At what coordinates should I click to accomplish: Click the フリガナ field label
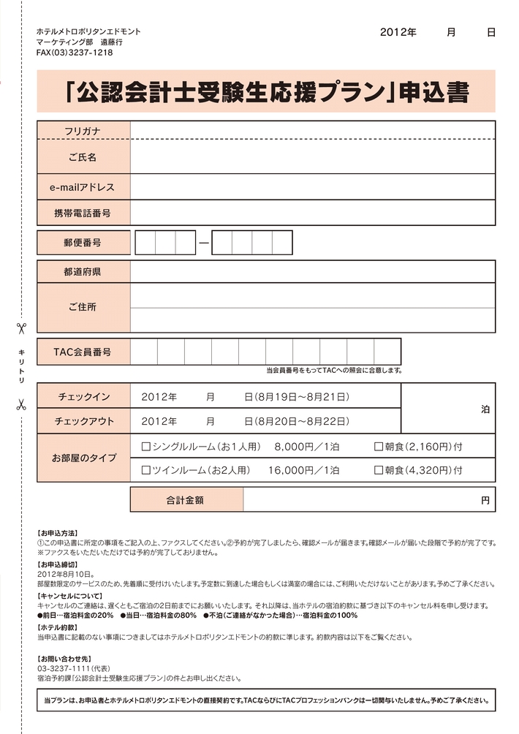pyautogui.click(x=83, y=131)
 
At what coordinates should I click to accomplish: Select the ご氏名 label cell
pyautogui.click(x=83, y=157)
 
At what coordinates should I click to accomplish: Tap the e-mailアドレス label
pyautogui.click(x=83, y=187)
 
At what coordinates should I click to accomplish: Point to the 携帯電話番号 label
pyautogui.click(x=83, y=213)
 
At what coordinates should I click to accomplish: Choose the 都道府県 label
pyautogui.click(x=83, y=272)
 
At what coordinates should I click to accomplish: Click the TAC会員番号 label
pyautogui.click(x=83, y=352)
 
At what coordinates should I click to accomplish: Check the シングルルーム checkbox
pyautogui.click(x=145, y=446)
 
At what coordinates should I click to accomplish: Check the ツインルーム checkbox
pyautogui.click(x=145, y=470)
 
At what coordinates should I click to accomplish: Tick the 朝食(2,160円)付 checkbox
pyautogui.click(x=379, y=446)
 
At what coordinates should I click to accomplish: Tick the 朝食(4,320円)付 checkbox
pyautogui.click(x=379, y=470)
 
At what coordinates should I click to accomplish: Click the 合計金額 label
pyautogui.click(x=186, y=501)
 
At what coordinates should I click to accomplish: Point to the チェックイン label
pyautogui.click(x=83, y=397)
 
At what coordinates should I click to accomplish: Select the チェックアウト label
pyautogui.click(x=83, y=421)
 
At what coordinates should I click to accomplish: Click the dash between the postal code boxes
pyautogui.click(x=204, y=243)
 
